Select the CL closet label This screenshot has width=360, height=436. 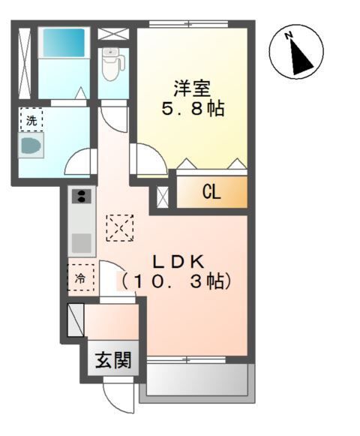[x=211, y=193]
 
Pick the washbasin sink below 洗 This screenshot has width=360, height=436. [x=33, y=146]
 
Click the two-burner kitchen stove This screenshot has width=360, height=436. [x=81, y=197]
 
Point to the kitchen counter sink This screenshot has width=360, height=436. [x=81, y=242]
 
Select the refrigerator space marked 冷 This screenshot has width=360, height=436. [x=81, y=278]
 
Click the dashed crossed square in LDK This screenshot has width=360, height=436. [x=119, y=227]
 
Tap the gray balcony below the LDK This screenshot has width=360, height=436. [x=196, y=380]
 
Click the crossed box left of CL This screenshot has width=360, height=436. [x=162, y=195]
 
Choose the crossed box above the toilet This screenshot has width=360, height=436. [x=113, y=34]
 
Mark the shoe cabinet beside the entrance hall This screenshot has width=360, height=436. [x=76, y=320]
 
